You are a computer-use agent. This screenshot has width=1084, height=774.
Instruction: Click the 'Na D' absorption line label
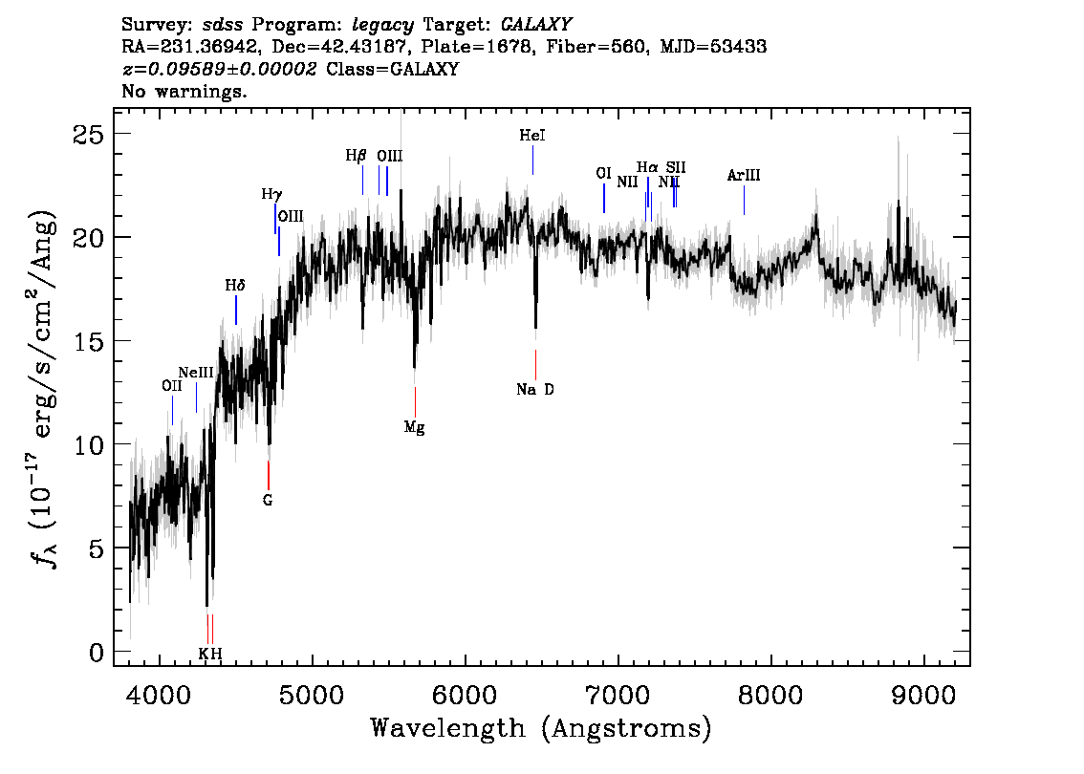tap(535, 390)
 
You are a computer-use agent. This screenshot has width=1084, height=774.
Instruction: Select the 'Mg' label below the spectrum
tap(414, 428)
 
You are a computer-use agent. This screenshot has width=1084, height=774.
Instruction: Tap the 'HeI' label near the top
tap(532, 136)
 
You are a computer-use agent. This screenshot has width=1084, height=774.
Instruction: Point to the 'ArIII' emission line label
tap(744, 175)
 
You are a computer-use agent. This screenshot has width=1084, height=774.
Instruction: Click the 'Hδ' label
tap(235, 285)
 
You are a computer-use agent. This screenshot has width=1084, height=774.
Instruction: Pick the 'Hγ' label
tap(272, 194)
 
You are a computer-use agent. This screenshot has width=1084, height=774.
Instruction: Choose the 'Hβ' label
tap(357, 155)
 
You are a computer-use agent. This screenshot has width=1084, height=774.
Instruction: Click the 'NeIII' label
tap(196, 372)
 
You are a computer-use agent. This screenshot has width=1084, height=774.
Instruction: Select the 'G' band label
tap(268, 500)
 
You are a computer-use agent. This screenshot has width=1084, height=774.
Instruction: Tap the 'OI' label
tap(603, 173)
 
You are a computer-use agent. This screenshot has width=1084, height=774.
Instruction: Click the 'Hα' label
tap(647, 168)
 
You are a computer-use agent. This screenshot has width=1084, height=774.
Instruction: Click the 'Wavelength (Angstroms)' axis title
tap(541, 729)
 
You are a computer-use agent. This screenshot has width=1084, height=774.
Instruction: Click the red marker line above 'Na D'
tap(535, 365)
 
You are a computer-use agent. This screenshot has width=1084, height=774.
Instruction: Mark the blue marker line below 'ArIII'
tap(744, 200)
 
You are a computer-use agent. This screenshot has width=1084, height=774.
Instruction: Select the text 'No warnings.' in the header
tap(184, 93)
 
